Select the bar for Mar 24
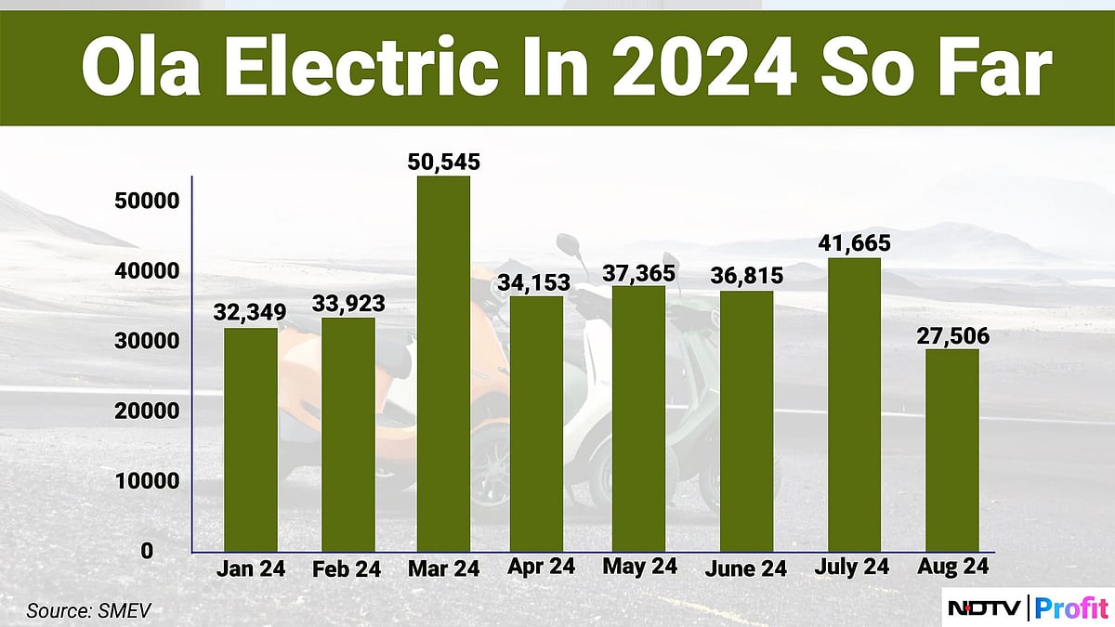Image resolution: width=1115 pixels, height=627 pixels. coord(443,364)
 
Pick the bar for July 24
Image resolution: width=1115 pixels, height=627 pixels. coord(854,405)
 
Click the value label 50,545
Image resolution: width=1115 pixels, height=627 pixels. coord(443,162)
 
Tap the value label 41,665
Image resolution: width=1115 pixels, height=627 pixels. coord(854,243)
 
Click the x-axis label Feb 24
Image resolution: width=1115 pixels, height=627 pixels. coord(348,569)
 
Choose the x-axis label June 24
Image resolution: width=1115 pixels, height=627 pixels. coord(744,568)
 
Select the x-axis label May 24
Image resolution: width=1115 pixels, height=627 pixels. coord(639,567)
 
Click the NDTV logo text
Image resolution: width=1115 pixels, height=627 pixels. coord(985,607)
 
